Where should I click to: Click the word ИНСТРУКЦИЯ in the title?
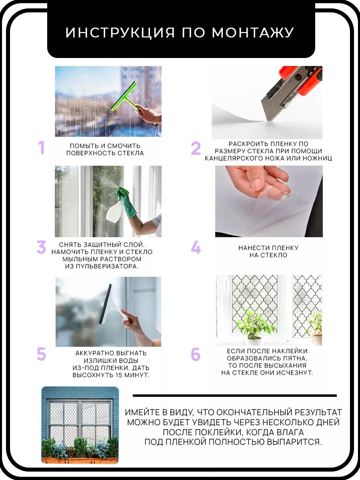click(120, 33)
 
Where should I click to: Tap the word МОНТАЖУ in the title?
click(253, 33)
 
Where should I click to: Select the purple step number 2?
click(196, 149)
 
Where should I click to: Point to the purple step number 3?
click(41, 247)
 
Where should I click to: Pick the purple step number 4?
click(196, 247)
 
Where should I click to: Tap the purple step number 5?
click(41, 354)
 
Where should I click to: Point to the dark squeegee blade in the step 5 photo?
click(105, 304)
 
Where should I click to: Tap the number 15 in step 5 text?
click(119, 375)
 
